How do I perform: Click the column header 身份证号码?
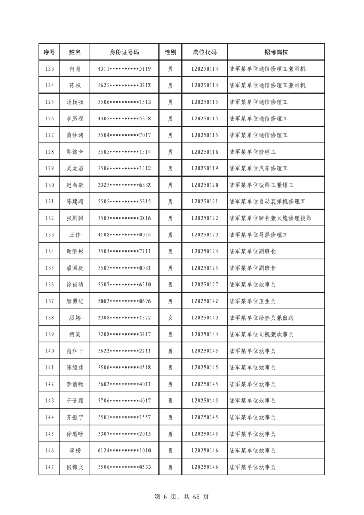pyautogui.click(x=124, y=52)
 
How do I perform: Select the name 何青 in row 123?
pyautogui.click(x=75, y=69)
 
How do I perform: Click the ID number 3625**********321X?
pyautogui.click(x=124, y=86)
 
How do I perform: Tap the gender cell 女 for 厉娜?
pyautogui.click(x=170, y=318)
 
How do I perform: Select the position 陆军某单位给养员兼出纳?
pyautogui.click(x=261, y=318)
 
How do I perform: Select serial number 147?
pyautogui.click(x=49, y=467)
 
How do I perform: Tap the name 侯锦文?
pyautogui.click(x=75, y=467)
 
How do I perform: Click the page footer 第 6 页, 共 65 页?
pyautogui.click(x=181, y=497)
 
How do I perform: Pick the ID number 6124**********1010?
pyautogui.click(x=124, y=451)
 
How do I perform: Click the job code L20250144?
pyautogui.click(x=204, y=335)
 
